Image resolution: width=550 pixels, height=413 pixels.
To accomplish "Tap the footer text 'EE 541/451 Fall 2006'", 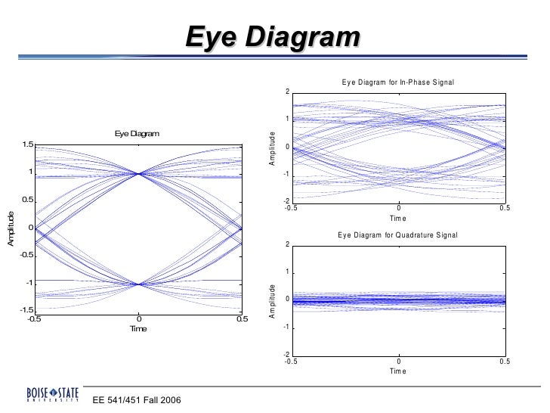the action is [137, 399].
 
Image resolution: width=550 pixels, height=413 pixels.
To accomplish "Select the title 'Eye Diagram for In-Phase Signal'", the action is [397, 82].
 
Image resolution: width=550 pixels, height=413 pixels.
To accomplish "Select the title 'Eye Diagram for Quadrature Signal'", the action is [397, 234].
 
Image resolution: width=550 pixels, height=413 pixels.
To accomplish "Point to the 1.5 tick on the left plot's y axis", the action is [26, 144].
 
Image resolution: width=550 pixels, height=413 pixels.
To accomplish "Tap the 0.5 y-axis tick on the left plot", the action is [26, 200].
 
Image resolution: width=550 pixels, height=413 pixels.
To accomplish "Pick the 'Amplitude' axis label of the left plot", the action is [11, 228].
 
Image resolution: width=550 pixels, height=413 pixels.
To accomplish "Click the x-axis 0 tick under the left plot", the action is [138, 319].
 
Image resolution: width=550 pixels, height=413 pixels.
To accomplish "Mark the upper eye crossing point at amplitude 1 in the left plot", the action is [138, 173].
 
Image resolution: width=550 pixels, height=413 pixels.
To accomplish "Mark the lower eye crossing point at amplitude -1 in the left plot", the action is [138, 284].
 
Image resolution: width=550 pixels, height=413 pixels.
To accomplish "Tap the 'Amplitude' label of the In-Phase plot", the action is [274, 147].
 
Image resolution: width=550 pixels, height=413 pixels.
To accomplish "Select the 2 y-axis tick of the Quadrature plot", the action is [287, 244].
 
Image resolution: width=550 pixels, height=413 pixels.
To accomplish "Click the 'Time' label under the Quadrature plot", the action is [398, 371].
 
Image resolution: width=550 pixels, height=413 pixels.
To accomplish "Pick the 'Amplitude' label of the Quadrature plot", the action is [274, 301].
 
